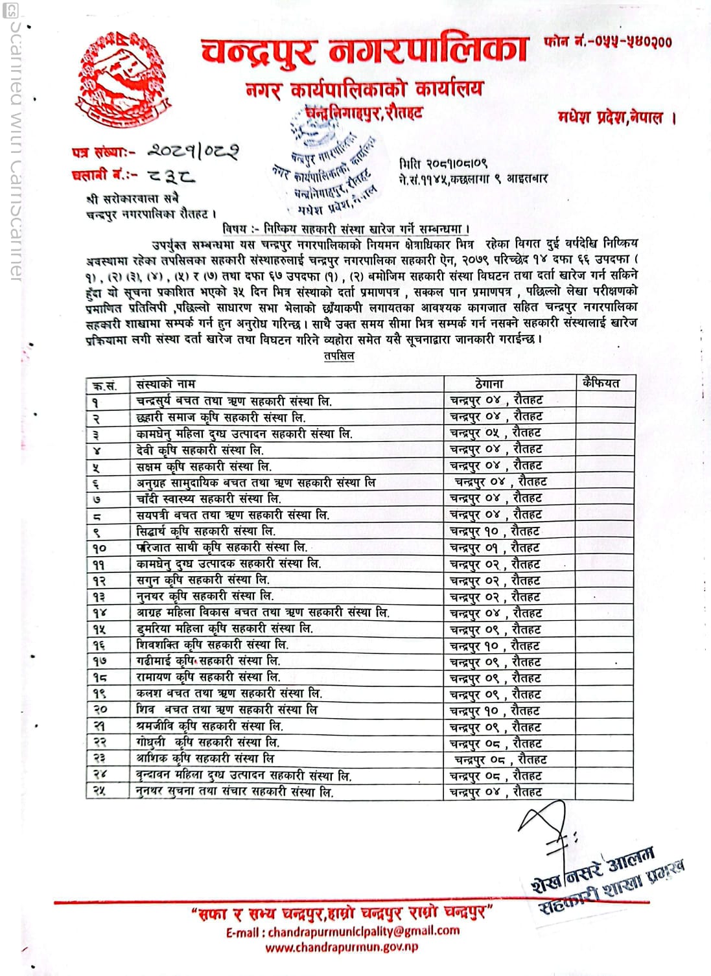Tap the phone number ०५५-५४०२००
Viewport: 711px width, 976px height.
pos(608,43)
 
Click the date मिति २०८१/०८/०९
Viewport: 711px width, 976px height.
pos(443,165)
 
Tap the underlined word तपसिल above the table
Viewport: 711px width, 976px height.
pos(339,356)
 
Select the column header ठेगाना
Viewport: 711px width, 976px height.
pos(489,384)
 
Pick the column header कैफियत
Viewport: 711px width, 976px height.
pos(601,383)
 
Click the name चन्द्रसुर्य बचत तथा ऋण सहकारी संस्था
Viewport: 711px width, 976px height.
pos(234,401)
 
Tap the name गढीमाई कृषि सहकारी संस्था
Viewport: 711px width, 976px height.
pos(208,661)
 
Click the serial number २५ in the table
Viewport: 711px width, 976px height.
pos(99,791)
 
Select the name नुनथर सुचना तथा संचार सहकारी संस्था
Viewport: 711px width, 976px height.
pos(235,791)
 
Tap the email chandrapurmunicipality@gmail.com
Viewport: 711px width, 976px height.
pos(343,932)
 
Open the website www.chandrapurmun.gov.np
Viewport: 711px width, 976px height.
pos(342,947)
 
